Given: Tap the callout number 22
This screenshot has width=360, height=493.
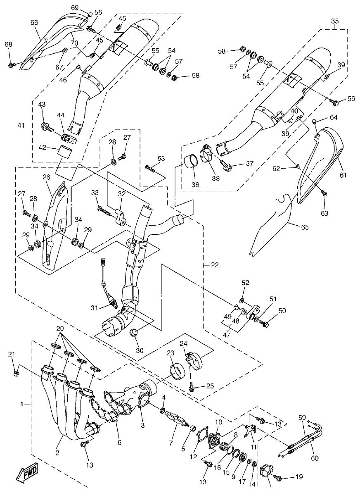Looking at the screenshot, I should [x=215, y=264].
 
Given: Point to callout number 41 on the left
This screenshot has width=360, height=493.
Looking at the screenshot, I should [x=21, y=124].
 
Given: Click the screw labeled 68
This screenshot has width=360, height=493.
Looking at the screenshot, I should [x=11, y=64].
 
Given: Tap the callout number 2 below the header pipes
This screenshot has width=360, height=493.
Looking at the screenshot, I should [x=57, y=453].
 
